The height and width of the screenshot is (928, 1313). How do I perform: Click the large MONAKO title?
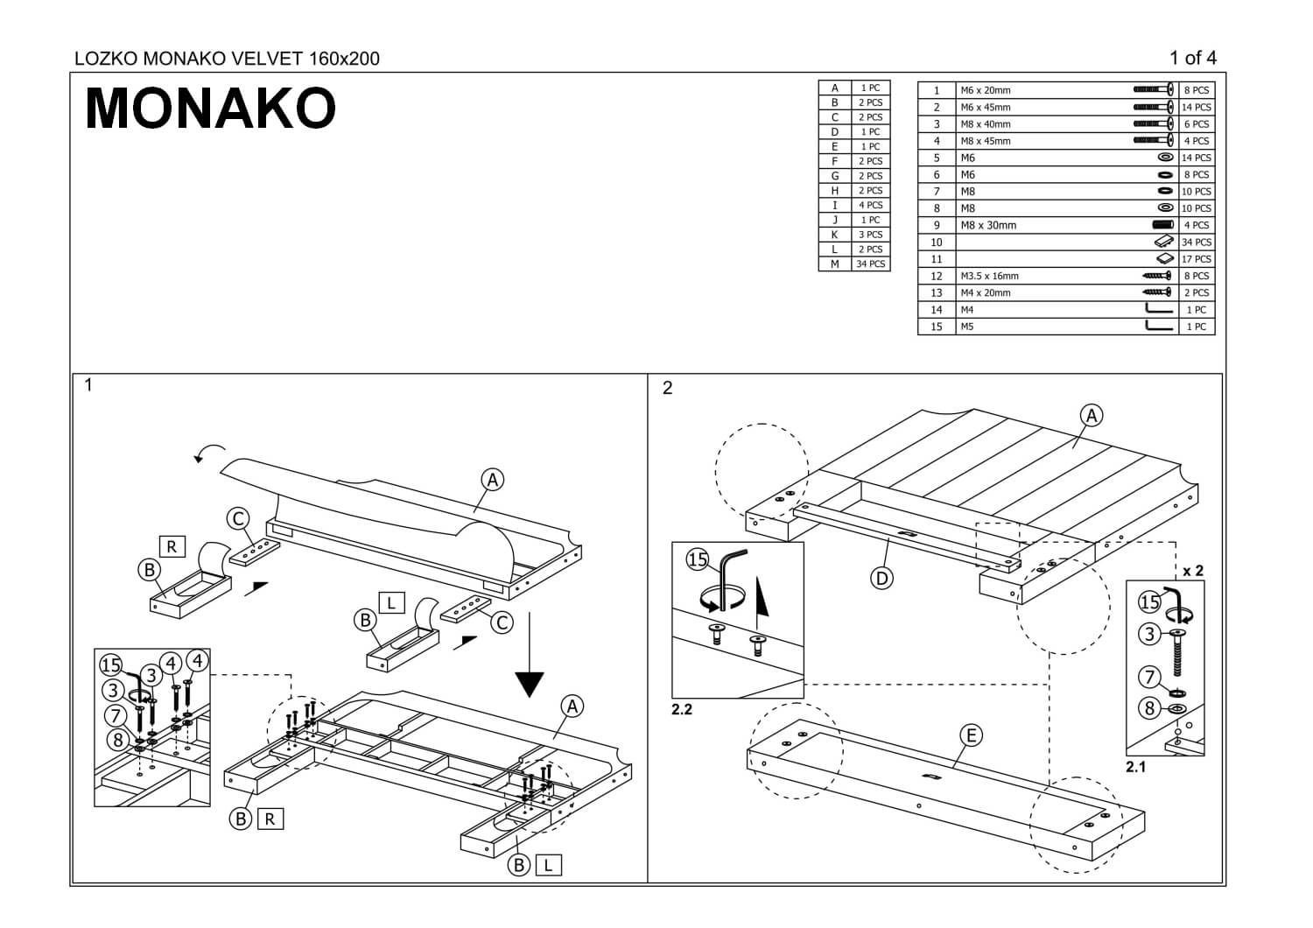[x=210, y=109]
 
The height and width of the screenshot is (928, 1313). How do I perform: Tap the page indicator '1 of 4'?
[x=1192, y=59]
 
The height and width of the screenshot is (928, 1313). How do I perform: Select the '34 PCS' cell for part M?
[x=870, y=264]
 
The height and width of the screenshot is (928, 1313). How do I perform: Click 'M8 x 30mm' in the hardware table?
[x=988, y=225]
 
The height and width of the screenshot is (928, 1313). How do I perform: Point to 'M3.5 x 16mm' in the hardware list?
[x=989, y=276]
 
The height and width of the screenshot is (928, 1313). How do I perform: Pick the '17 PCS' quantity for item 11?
[x=1197, y=259]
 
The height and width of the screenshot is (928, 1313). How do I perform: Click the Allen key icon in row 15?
[x=1159, y=327]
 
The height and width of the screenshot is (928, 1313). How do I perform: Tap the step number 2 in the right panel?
[x=668, y=388]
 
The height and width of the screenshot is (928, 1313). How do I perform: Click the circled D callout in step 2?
[x=881, y=578]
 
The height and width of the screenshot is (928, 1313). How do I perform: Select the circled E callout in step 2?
[x=971, y=735]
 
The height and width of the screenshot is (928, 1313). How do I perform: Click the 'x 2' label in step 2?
[x=1192, y=571]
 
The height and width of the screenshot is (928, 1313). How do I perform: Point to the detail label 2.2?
[x=682, y=709]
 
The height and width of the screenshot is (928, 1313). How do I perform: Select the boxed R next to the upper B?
[x=172, y=546]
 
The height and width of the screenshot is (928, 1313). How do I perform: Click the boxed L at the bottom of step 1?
[x=548, y=865]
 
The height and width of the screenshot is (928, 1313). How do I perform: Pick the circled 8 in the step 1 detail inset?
[x=117, y=740]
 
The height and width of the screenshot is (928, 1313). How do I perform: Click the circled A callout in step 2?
[x=1092, y=415]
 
